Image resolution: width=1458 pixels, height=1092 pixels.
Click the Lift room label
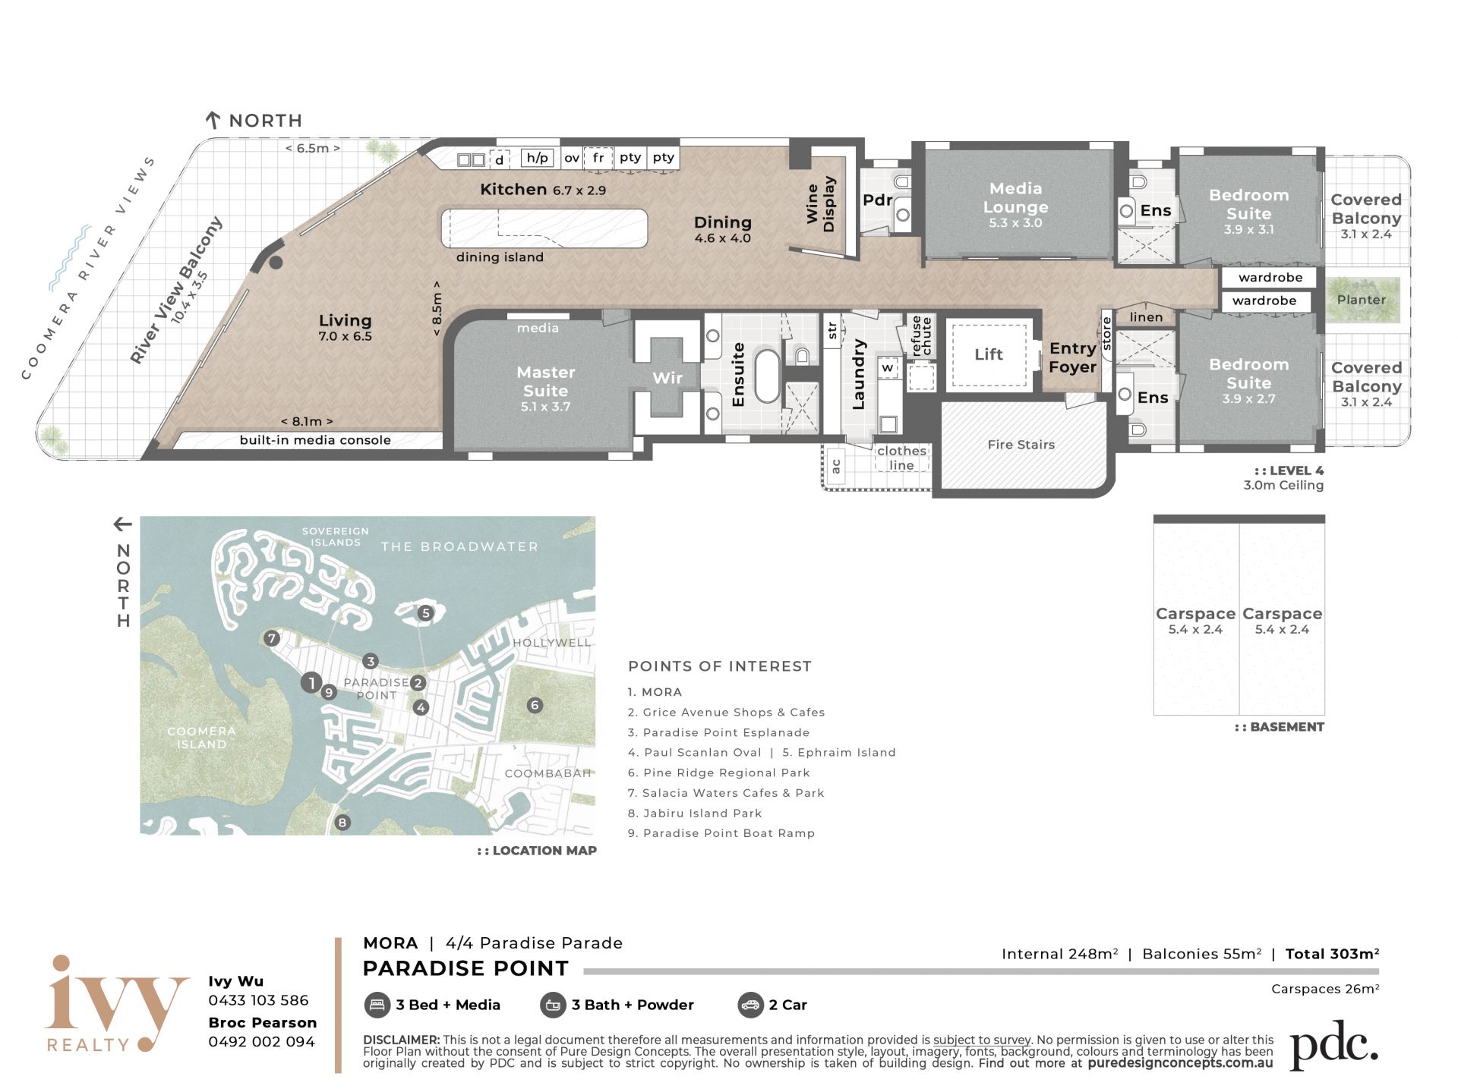click(x=988, y=354)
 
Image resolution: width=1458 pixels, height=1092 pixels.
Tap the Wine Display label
click(x=821, y=203)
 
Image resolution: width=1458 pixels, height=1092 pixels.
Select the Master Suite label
click(x=545, y=381)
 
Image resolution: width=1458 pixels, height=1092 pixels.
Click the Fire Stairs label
click(x=1021, y=445)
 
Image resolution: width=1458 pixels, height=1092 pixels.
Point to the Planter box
click(x=1362, y=299)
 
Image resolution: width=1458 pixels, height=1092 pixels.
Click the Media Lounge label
click(x=1015, y=197)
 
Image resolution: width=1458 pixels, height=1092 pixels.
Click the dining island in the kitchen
click(x=544, y=228)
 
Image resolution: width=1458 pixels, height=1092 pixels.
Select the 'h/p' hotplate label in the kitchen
click(x=538, y=158)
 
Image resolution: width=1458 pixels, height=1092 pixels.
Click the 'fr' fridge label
click(x=598, y=158)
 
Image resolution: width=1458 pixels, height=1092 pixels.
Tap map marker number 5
click(x=425, y=613)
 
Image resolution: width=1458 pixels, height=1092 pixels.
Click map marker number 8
click(x=342, y=823)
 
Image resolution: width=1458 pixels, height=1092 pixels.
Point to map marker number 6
click(x=535, y=706)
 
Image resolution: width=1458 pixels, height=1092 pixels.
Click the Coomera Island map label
click(x=201, y=738)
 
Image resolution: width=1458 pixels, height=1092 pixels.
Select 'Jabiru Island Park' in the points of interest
click(x=702, y=813)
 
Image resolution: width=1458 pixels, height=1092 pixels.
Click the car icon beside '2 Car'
click(x=750, y=1005)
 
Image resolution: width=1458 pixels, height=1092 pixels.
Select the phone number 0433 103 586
click(x=258, y=1000)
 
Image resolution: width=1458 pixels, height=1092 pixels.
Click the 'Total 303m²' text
click(x=1332, y=954)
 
